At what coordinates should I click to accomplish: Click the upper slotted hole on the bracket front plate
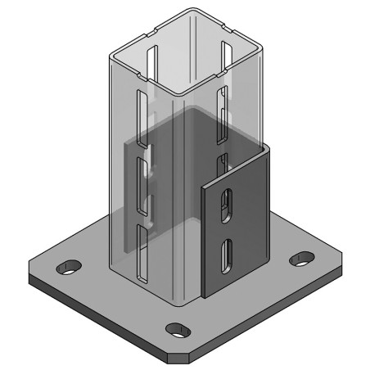[226, 205]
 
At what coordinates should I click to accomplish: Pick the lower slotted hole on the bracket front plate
[227, 253]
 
